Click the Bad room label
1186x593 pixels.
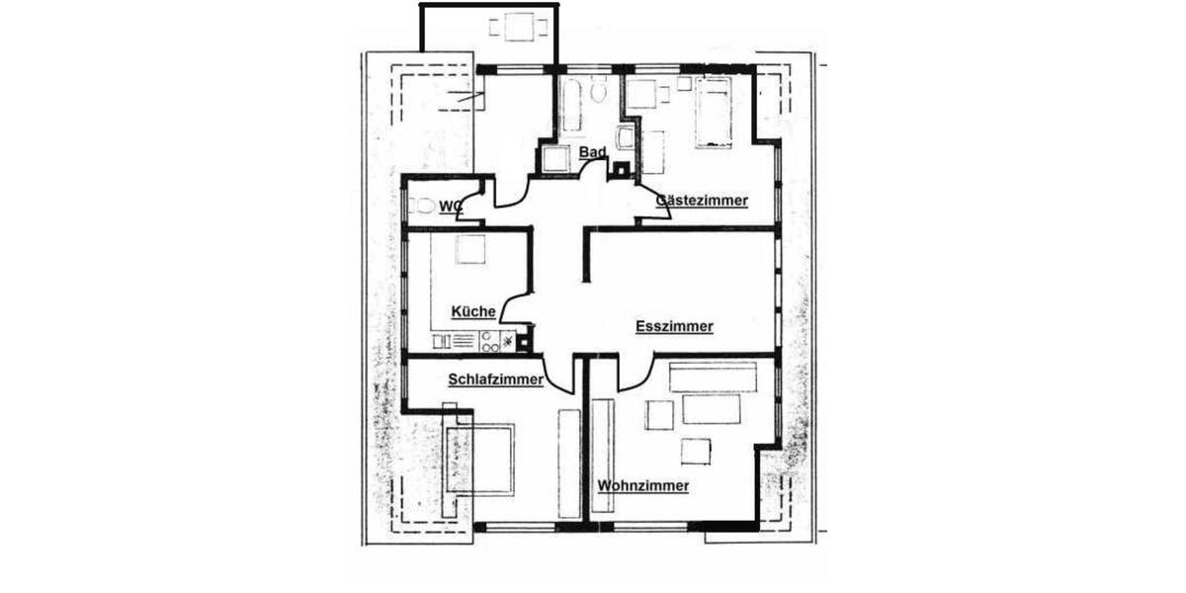point(592,152)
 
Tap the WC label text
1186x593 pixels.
point(451,206)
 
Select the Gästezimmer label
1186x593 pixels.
point(702,200)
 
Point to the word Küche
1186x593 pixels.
point(473,311)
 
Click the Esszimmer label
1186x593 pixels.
point(674,326)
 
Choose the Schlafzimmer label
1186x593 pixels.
point(495,379)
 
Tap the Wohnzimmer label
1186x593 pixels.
point(642,485)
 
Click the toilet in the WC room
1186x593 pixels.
point(422,206)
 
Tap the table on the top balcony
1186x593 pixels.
point(521,27)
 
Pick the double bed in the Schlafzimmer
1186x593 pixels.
point(480,460)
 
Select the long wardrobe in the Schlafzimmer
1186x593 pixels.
point(567,462)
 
